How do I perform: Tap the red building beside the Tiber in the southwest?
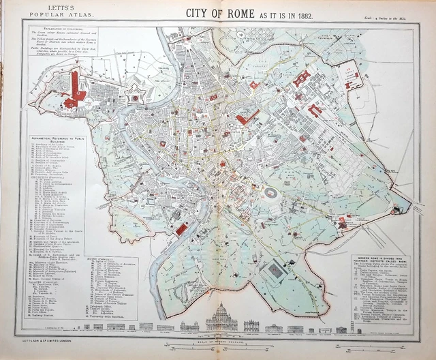coord(181,230)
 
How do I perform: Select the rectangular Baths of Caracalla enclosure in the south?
coord(276,272)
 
